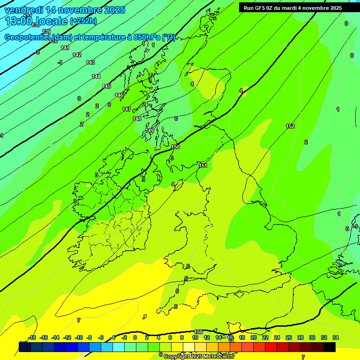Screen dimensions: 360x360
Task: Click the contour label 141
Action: pyautogui.click(x=65, y=48)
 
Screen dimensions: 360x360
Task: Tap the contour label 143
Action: pyautogui.click(x=90, y=62)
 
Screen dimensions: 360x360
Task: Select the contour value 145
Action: pyautogui.click(x=106, y=86)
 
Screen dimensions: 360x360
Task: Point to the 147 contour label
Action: pyautogui.click(x=127, y=109)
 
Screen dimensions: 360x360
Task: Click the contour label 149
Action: pyautogui.click(x=150, y=130)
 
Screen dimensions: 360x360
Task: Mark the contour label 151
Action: pyautogui.click(x=203, y=165)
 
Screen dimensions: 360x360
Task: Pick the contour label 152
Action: pyautogui.click(x=290, y=126)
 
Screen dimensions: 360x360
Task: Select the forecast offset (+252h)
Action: pyautogui.click(x=84, y=21)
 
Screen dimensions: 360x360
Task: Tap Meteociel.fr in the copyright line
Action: pyautogui.click(x=219, y=356)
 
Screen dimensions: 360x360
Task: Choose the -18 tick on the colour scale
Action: pyautogui.click(x=32, y=337)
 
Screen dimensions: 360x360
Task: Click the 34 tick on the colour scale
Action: pyautogui.click(x=336, y=337)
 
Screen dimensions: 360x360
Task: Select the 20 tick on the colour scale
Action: pyautogui.click(x=253, y=337)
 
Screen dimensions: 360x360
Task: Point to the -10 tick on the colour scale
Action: pyautogui.click(x=79, y=337)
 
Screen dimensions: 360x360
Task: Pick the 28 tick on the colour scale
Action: pyautogui.click(x=300, y=337)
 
